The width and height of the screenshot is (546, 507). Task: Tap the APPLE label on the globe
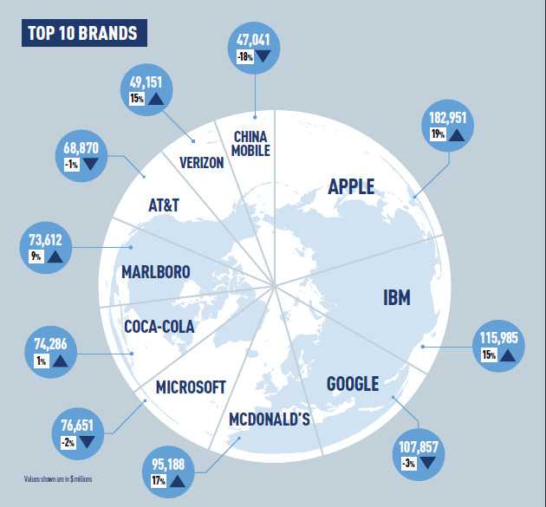[351, 186]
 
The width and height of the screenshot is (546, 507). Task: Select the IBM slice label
[396, 298]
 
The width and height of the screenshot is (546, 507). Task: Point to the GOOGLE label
[353, 384]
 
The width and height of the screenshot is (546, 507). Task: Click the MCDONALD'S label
[269, 419]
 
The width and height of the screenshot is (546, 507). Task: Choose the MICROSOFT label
[191, 387]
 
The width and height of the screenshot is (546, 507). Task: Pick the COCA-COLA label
[159, 327]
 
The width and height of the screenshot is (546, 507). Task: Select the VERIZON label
[202, 162]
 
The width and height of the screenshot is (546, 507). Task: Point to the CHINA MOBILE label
[252, 143]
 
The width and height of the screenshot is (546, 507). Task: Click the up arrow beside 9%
[55, 257]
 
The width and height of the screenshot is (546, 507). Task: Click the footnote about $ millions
[58, 478]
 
